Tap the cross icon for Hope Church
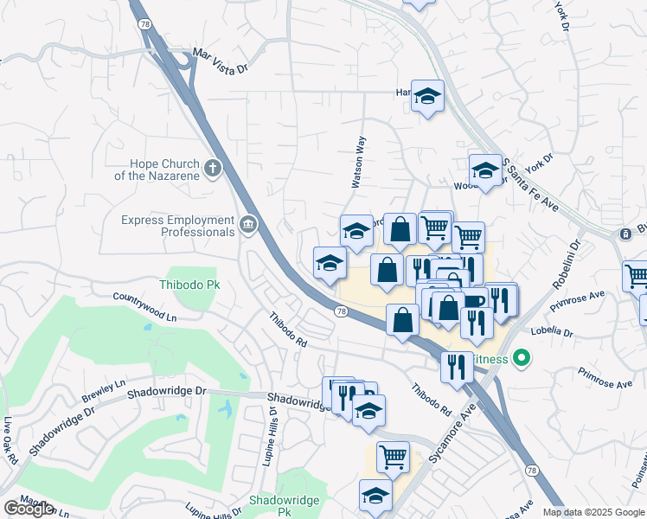(213, 167)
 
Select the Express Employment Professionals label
(178, 227)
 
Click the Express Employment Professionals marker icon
(248, 227)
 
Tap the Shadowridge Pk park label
(285, 506)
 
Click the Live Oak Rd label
(10, 441)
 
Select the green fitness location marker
(521, 356)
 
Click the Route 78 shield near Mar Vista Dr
(144, 25)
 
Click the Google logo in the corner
(29, 509)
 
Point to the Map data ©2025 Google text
(593, 512)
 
